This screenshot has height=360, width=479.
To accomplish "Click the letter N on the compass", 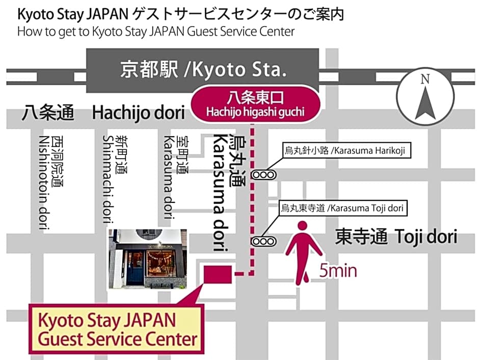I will [425, 79].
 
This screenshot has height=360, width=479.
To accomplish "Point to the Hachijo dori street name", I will [138, 113].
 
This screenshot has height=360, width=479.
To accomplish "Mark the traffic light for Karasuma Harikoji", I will [264, 174].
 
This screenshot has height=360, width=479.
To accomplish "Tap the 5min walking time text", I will [338, 271].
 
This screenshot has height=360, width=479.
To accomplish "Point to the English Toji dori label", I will [426, 237].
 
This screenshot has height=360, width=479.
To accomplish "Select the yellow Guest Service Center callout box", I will [117, 329].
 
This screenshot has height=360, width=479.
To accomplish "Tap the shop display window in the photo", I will [162, 264].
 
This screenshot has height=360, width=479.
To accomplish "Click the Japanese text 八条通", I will [48, 113].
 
